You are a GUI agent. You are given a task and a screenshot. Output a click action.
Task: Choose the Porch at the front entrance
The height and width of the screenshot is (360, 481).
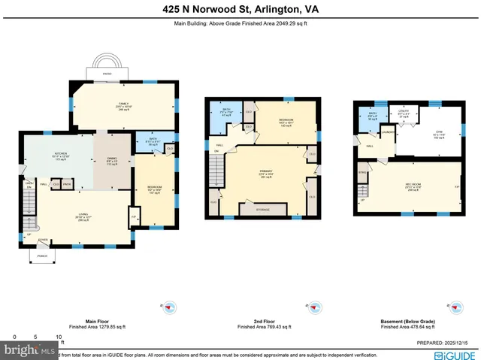point(41,256)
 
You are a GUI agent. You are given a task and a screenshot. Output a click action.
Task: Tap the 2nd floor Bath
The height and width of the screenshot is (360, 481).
point(227,113)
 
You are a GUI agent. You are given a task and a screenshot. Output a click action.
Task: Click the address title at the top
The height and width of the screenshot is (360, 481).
point(240,11)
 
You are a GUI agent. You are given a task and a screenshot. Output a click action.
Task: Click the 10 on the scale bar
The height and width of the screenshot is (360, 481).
point(59,337)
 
